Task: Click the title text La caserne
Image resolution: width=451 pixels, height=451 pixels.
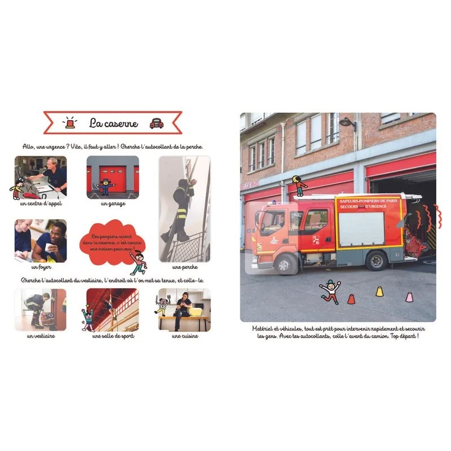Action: coord(113,123)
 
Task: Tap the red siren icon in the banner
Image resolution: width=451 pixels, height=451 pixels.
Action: coord(70,123)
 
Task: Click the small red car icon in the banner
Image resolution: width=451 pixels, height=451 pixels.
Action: coord(156,123)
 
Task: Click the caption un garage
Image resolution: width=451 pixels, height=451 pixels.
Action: coord(113,203)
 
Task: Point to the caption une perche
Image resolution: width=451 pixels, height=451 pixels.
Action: coord(184,267)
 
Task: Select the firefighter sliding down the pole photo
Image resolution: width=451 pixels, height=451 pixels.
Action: coord(184,209)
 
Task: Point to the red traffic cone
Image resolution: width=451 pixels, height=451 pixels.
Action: coord(351,298)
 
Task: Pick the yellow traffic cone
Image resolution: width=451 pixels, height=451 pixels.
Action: coord(380,291)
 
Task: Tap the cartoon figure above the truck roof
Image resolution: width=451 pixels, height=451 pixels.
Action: coord(299,185)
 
